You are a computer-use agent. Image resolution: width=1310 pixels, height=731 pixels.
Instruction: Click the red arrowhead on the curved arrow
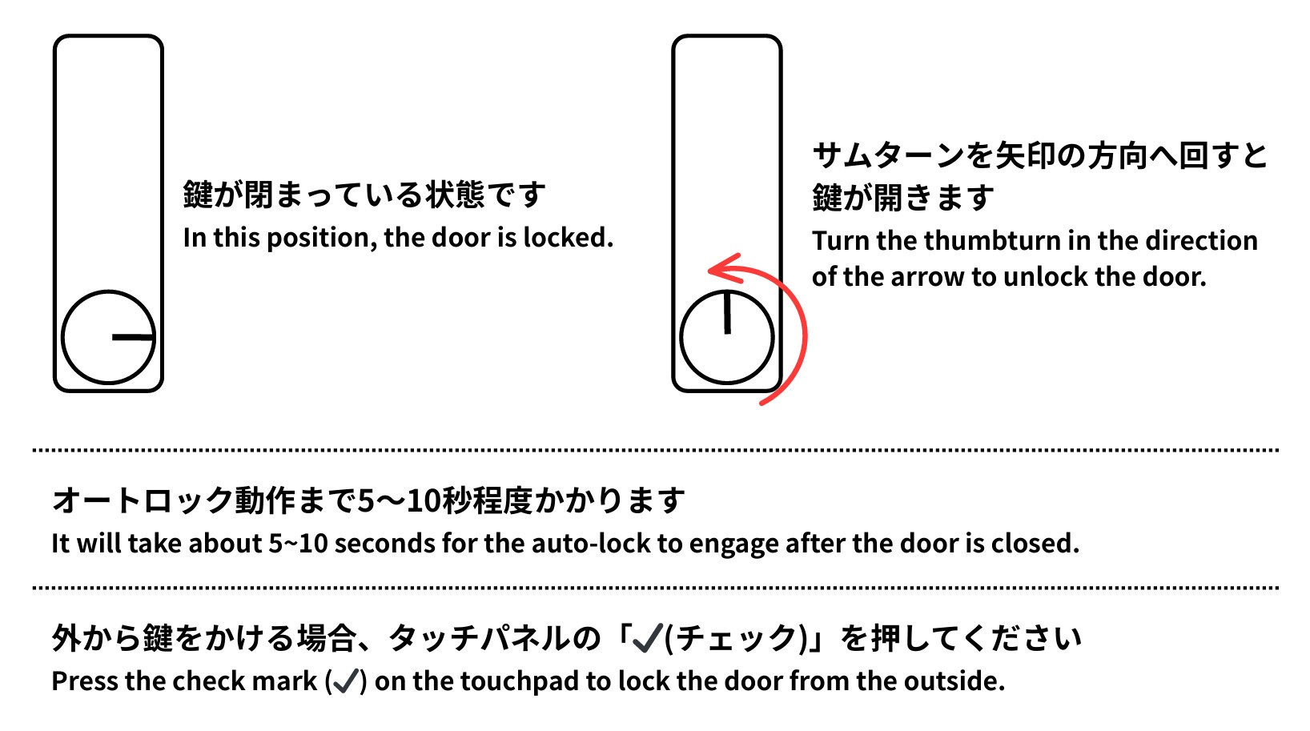(x=724, y=269)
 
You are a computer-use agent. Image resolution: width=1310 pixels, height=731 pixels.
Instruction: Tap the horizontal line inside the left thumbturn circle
(x=133, y=337)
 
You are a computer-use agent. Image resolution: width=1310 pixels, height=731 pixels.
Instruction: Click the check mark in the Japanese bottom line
(x=648, y=638)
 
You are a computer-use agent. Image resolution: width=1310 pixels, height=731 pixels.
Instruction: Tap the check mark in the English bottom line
(x=346, y=681)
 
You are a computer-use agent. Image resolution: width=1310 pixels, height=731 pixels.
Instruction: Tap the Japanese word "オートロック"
(x=143, y=500)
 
